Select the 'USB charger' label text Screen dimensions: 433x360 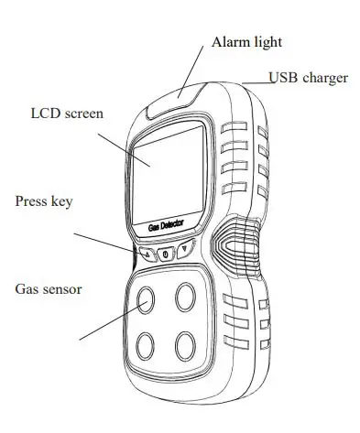tap(308, 78)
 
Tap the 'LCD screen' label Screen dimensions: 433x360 tap(67, 114)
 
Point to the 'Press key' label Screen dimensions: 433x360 tap(43, 200)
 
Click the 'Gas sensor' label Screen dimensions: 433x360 tap(49, 288)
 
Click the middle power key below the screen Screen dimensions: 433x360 tap(165, 253)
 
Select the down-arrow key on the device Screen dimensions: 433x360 tap(186, 249)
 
